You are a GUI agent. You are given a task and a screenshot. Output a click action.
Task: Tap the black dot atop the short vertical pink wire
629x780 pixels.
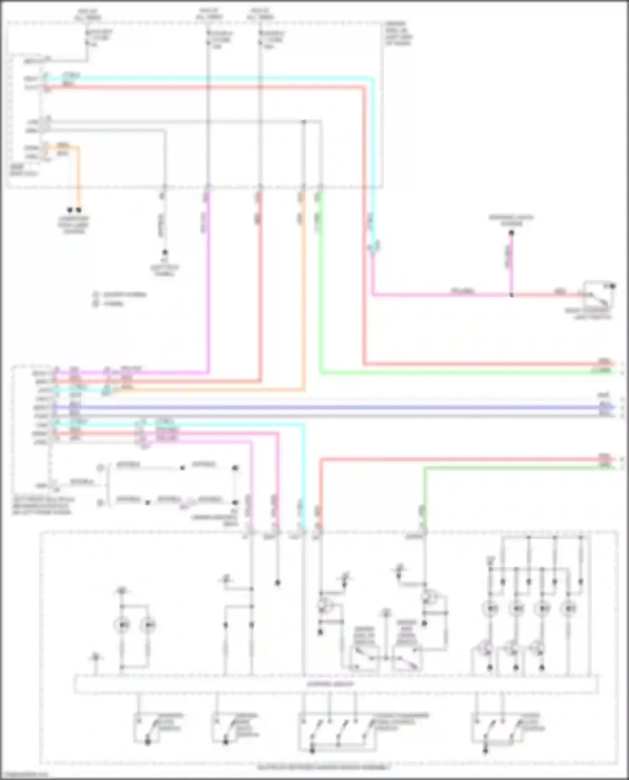tap(512, 233)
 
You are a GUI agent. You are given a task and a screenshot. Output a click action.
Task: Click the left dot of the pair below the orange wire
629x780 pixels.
tap(70, 210)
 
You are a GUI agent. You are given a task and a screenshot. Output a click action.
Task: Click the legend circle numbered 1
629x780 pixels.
tap(96, 295)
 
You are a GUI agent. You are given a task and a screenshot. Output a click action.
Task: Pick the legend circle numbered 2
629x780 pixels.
tap(96, 303)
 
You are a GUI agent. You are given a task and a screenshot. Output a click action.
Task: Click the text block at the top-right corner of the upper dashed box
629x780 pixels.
tap(398, 34)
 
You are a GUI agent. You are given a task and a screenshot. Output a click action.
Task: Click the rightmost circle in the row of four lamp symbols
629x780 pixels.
tap(568, 608)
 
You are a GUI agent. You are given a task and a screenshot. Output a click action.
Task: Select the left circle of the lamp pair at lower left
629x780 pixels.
tap(122, 625)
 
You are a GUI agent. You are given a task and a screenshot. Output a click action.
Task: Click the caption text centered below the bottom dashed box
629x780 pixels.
tap(323, 768)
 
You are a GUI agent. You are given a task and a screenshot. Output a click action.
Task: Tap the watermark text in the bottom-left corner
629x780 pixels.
tap(24, 775)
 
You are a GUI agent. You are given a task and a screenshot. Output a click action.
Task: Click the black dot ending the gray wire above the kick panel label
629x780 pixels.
tap(165, 252)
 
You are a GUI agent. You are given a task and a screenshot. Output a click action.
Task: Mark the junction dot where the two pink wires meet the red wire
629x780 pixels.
tap(512, 295)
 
